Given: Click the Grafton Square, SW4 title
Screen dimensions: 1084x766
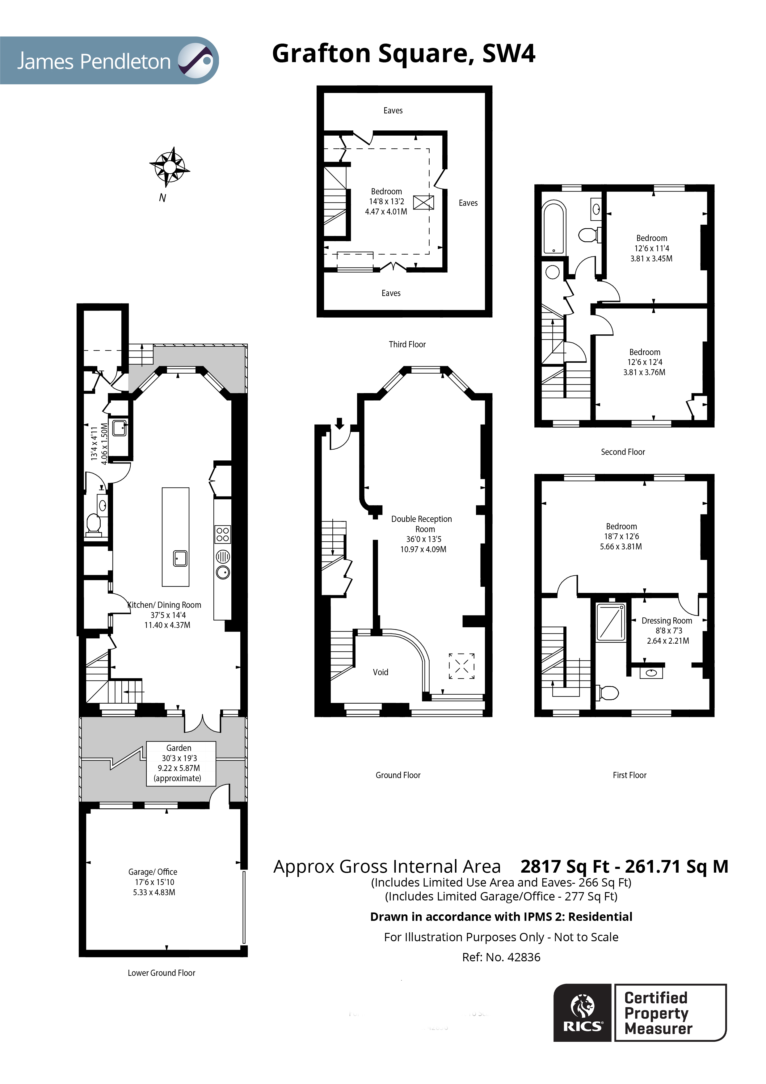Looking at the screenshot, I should tap(403, 53).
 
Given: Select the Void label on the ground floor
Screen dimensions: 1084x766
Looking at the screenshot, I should tap(381, 672).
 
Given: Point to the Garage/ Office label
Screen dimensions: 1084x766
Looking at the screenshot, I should tap(153, 872).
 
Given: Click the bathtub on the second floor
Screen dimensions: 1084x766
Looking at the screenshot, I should tap(554, 227).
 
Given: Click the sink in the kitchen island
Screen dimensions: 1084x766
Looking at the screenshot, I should tap(180, 558).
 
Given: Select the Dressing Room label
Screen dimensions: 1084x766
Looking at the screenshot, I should tap(667, 621).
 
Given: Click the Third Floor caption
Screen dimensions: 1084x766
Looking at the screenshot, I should tap(407, 345).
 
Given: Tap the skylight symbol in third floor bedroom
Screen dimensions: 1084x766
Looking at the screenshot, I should tap(423, 202).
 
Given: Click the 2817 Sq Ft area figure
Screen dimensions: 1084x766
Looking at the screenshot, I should tap(565, 867).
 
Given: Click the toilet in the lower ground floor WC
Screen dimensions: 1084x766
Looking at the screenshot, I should tap(94, 523).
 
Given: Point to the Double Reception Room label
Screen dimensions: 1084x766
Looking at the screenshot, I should tap(422, 524).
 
